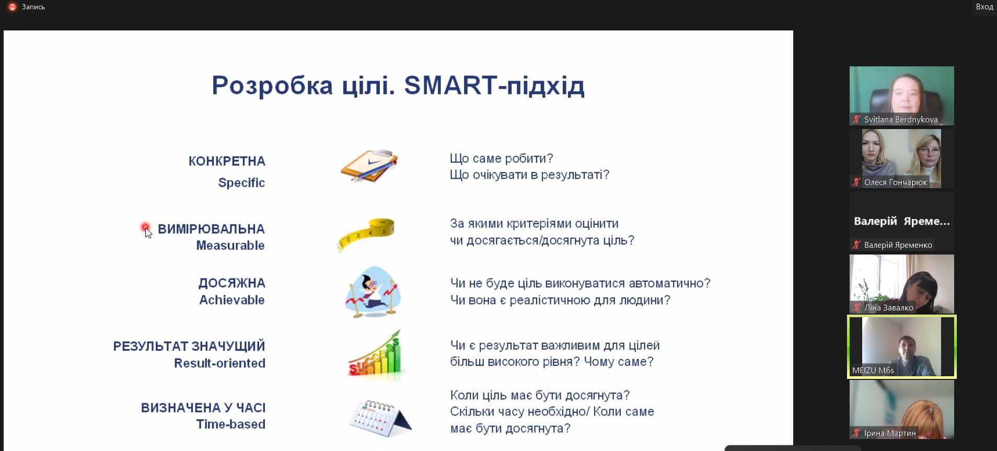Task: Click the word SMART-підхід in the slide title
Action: [x=494, y=86]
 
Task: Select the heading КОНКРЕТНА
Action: [x=227, y=161]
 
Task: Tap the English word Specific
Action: [x=241, y=183]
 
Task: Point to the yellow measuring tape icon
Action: [x=366, y=235]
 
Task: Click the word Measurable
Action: [x=230, y=245]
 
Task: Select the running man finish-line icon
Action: [x=373, y=291]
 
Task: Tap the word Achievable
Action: [x=232, y=300]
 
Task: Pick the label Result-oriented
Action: [x=219, y=363]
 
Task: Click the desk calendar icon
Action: [x=380, y=418]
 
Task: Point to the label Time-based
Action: [x=231, y=424]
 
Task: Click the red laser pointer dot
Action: [x=145, y=227]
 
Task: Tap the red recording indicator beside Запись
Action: [x=13, y=7]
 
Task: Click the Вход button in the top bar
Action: [x=984, y=7]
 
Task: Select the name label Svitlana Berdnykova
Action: [x=901, y=120]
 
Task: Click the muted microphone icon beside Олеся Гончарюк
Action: [x=856, y=182]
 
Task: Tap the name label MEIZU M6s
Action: [x=873, y=371]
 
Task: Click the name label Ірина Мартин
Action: [x=890, y=433]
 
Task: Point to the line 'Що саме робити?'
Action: [x=501, y=158]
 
